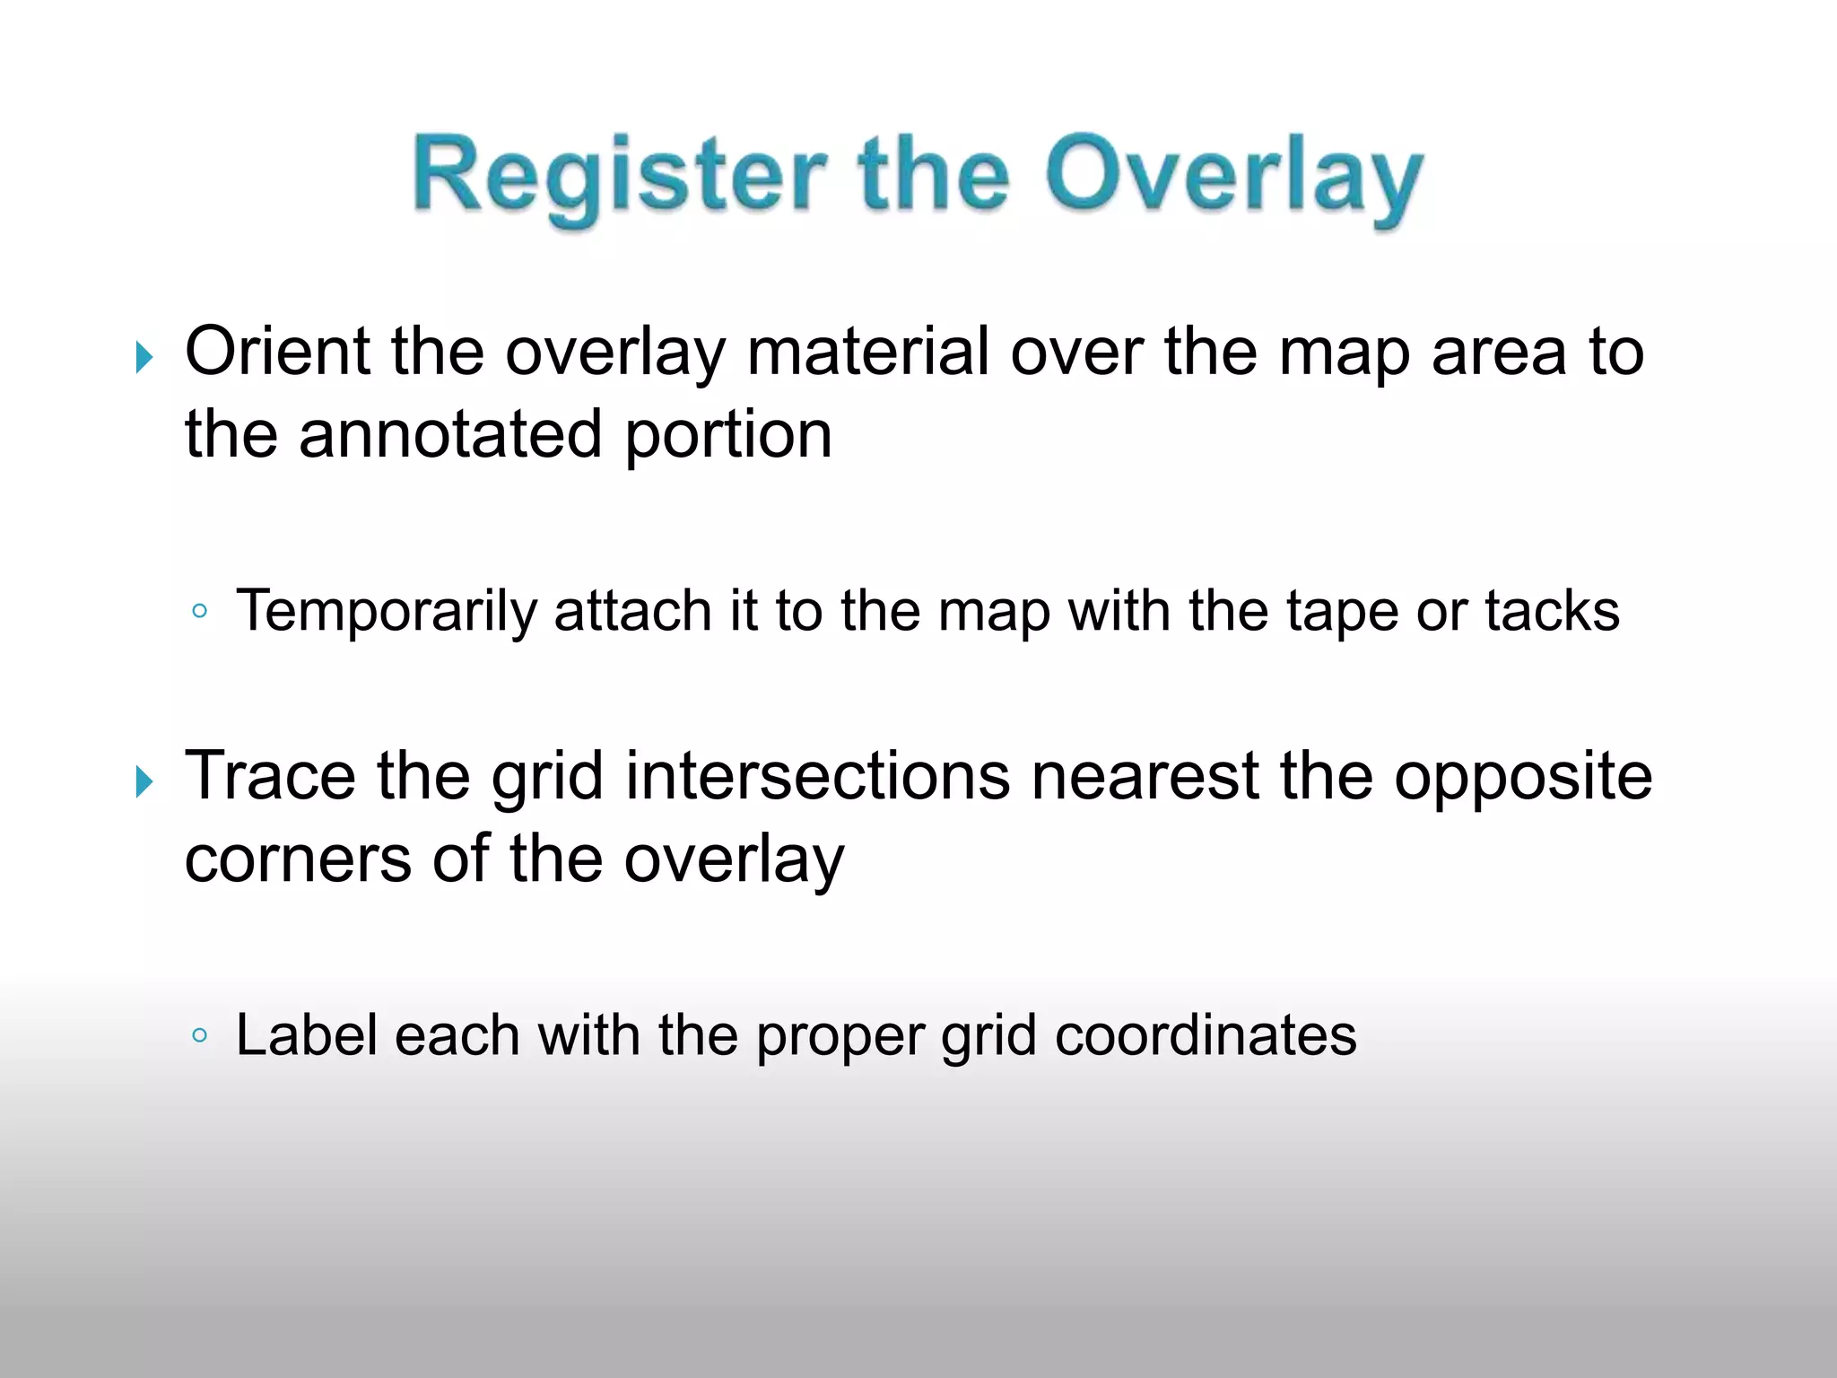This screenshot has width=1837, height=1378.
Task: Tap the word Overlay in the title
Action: click(x=1233, y=177)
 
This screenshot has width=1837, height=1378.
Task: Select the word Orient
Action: click(x=277, y=351)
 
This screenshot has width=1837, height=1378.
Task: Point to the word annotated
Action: click(x=449, y=434)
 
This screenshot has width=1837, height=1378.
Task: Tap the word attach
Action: click(x=633, y=611)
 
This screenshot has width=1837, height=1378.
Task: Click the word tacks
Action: click(x=1552, y=611)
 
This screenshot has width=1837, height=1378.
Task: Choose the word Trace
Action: click(x=270, y=775)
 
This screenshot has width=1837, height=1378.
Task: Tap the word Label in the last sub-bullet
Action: click(x=306, y=1035)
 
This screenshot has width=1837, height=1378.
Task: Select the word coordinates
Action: click(x=1206, y=1035)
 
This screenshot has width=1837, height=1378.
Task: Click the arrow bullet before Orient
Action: click(x=144, y=357)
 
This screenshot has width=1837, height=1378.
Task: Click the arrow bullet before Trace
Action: click(x=144, y=781)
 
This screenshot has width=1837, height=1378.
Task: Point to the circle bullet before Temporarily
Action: click(x=200, y=612)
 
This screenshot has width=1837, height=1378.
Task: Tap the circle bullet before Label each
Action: click(x=200, y=1036)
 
